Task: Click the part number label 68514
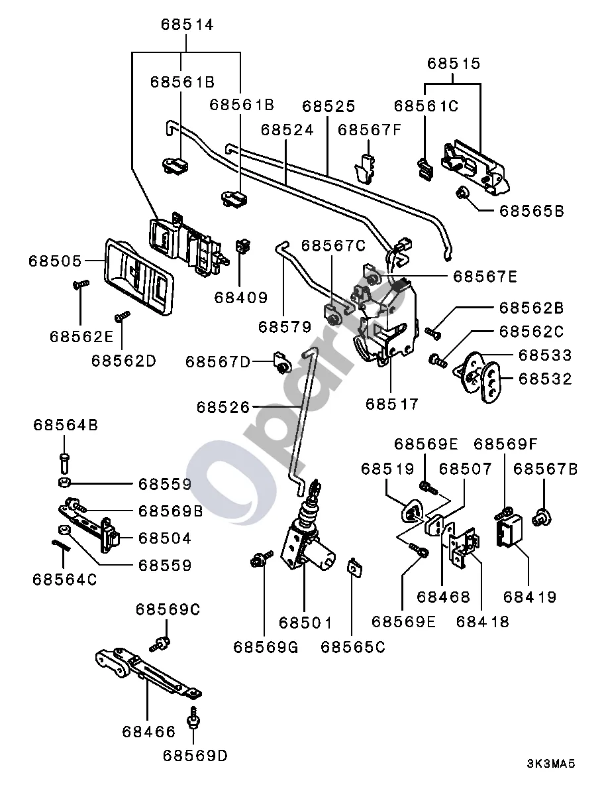click(187, 24)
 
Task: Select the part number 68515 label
click(454, 63)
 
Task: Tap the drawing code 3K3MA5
click(550, 764)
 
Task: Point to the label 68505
click(54, 261)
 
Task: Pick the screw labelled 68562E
click(80, 284)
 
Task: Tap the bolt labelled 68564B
click(64, 461)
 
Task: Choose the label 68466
click(149, 732)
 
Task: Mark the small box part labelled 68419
click(509, 532)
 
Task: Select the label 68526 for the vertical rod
click(223, 406)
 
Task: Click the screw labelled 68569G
click(261, 559)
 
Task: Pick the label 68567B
click(545, 469)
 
